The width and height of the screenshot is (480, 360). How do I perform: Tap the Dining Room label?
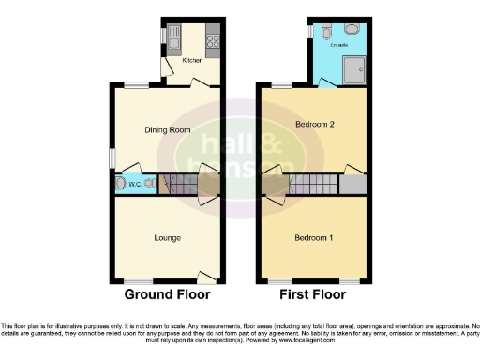(x=167, y=130)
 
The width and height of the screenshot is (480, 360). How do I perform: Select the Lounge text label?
(x=168, y=238)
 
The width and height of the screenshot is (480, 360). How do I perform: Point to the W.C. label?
(x=133, y=184)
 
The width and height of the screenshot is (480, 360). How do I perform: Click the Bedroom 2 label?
(x=315, y=124)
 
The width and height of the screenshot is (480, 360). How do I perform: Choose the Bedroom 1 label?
(x=315, y=238)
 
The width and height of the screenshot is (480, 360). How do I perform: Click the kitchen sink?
(x=173, y=36)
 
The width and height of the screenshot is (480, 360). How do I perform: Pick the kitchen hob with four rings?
(x=213, y=41)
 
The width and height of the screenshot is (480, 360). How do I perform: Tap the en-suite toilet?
(x=352, y=29)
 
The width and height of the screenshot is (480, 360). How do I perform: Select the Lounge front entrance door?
(x=205, y=276)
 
